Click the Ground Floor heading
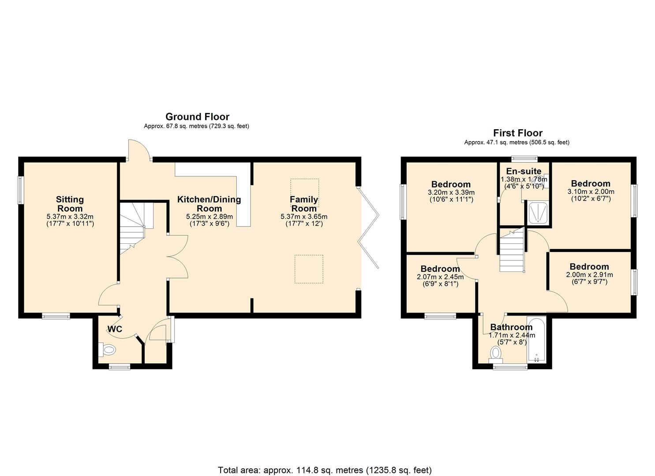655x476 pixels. coord(197,117)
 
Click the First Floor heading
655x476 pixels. coord(517,133)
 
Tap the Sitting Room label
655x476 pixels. coord(70,204)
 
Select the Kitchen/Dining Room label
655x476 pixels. coord(209,204)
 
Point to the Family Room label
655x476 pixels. coord(304,204)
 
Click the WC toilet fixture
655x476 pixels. coord(107,350)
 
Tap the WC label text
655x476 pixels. coord(115,329)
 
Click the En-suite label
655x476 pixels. coord(524,171)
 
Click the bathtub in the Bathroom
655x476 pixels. coord(536,339)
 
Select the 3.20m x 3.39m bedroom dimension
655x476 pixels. coord(451,193)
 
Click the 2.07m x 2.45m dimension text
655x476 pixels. coord(440,277)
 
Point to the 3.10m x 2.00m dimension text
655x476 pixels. coord(591,192)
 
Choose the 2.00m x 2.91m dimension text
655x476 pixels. coord(589,275)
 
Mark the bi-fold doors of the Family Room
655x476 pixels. coord(370,227)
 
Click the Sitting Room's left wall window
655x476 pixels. coord(20,190)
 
